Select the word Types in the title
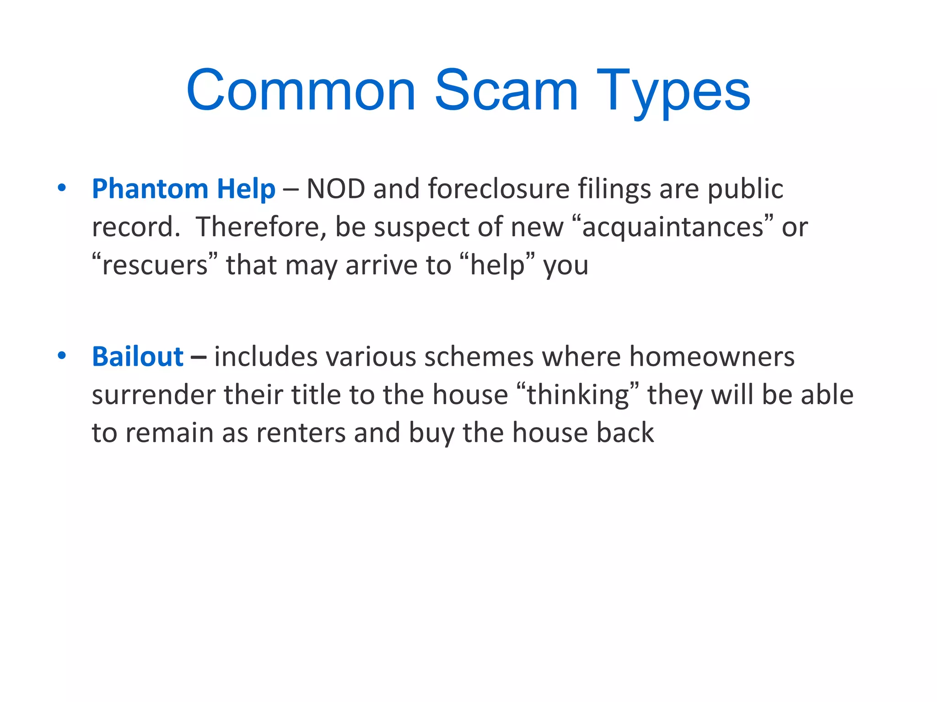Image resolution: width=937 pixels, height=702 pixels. (x=673, y=91)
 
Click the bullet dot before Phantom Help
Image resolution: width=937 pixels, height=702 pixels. (x=62, y=188)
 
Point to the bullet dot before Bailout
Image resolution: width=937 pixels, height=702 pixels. (x=62, y=356)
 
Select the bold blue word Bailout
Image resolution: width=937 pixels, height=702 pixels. (x=137, y=356)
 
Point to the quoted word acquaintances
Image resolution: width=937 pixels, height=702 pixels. (x=673, y=227)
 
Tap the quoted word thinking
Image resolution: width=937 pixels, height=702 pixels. (x=578, y=395)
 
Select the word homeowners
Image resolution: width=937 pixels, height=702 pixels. (x=711, y=356)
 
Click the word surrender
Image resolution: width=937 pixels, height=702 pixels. (x=153, y=395)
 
